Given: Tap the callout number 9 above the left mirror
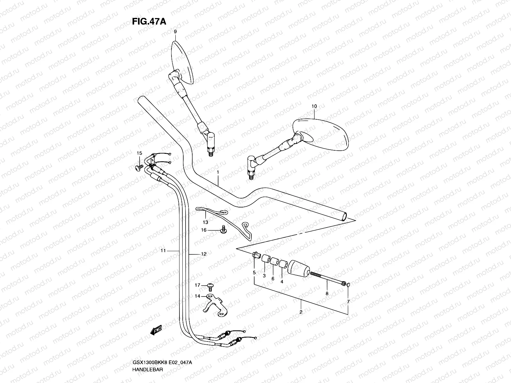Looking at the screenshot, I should click(175, 32).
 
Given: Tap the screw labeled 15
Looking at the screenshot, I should click(139, 167).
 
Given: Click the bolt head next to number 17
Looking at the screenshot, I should click(210, 286).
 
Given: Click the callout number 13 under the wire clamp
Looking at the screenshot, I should click(205, 222).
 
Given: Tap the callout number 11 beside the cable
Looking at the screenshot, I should click(163, 251).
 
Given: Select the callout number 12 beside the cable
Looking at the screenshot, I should click(203, 254).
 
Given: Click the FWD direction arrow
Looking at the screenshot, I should click(156, 330).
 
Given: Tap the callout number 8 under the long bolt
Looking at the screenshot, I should click(327, 293).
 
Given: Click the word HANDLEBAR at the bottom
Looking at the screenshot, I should click(148, 369).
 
